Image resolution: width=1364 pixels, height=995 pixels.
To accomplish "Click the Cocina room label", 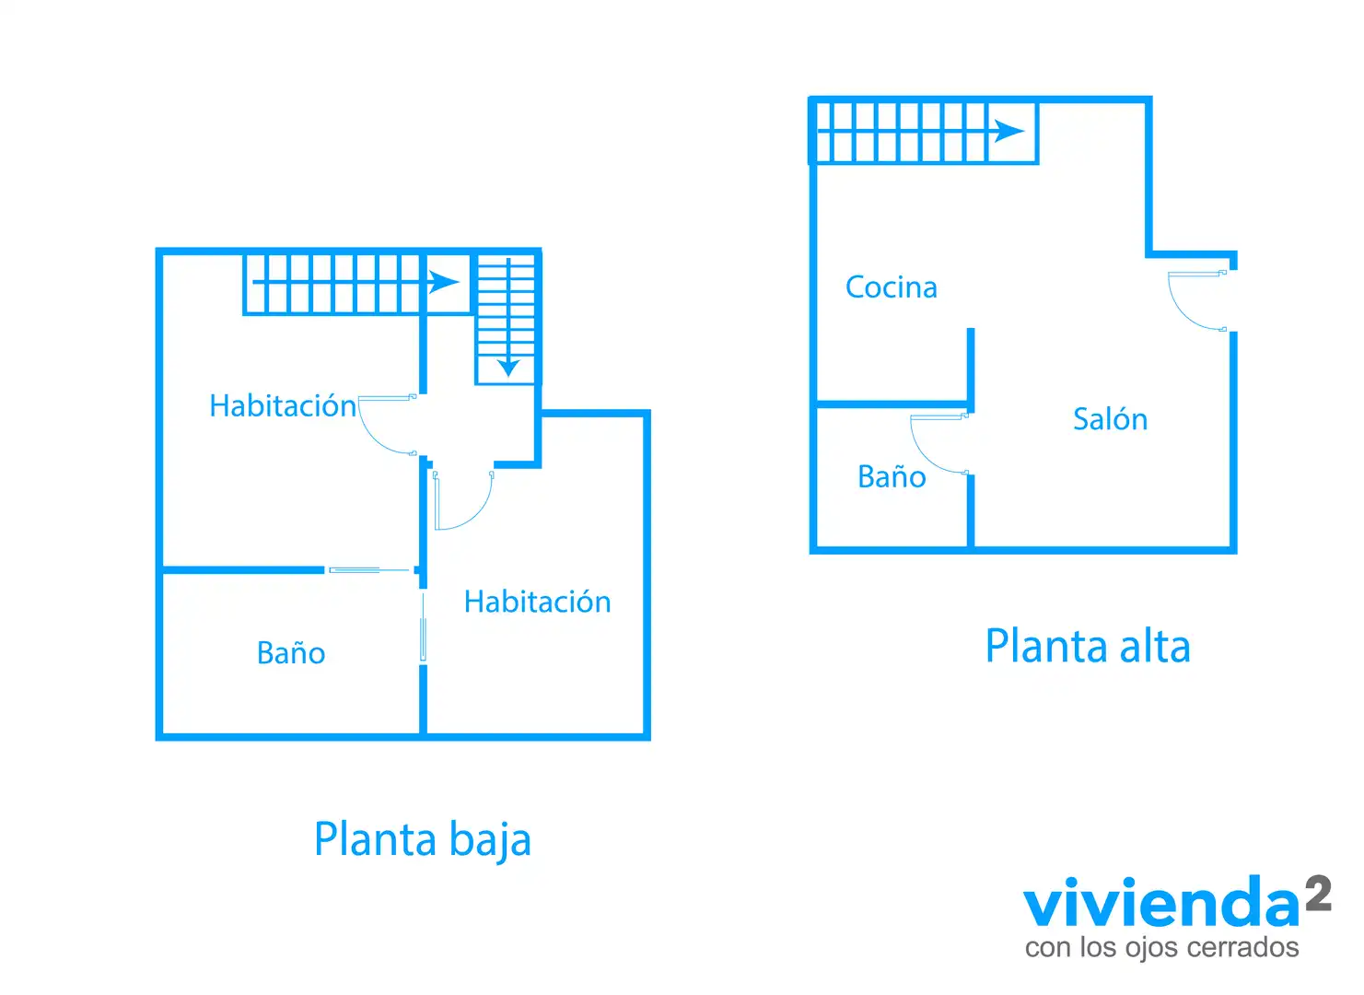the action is [891, 287].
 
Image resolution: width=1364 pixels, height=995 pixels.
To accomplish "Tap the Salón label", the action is [1110, 418].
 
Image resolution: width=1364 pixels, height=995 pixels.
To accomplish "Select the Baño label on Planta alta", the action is [892, 476].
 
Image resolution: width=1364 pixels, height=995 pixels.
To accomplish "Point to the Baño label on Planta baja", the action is [291, 652].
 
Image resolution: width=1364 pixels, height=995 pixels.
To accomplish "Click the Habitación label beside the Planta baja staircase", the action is [283, 405].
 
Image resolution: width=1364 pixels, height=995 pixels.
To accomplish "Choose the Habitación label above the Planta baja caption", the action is [538, 602].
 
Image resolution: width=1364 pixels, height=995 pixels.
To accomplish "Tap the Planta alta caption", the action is [1088, 647].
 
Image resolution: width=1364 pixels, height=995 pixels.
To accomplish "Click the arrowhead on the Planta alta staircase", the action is [1009, 131].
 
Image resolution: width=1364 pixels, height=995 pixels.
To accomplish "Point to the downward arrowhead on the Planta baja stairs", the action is [508, 368].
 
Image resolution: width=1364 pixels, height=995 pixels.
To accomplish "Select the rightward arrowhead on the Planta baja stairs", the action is [443, 282].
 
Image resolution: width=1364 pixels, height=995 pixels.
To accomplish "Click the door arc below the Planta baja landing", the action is [475, 513].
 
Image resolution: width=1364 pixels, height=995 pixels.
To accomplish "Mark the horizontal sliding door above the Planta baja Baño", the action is [369, 569].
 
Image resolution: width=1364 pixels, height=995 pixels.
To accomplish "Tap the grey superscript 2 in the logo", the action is [1318, 894].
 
